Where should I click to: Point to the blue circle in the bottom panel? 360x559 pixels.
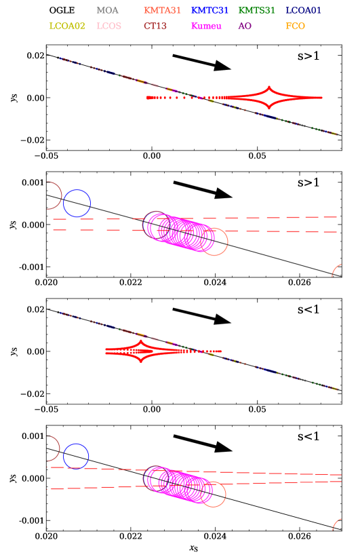pos(76,457)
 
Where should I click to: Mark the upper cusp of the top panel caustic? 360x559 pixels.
pos(270,88)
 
